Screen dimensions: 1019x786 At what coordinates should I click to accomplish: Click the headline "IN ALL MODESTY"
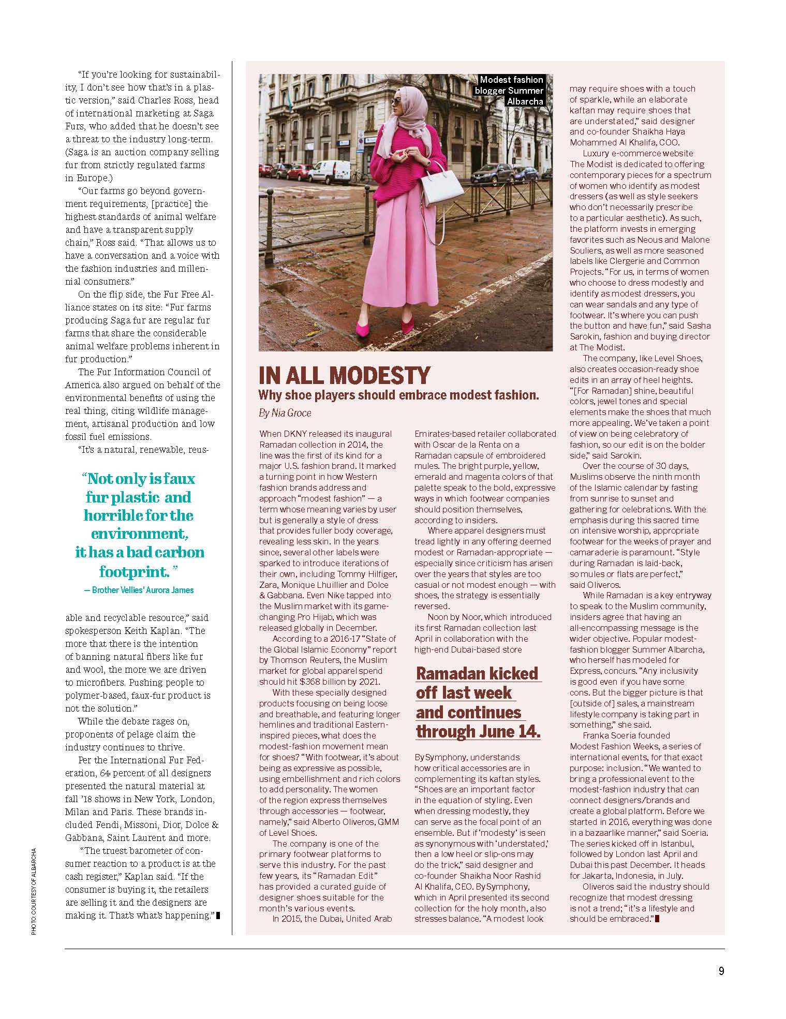[345, 375]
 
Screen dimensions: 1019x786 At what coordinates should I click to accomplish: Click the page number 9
[721, 971]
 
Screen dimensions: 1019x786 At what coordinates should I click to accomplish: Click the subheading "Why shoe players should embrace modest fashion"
[398, 395]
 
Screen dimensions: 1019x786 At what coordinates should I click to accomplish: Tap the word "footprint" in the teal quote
[135, 572]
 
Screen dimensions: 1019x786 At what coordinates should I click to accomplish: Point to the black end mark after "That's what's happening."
[218, 915]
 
